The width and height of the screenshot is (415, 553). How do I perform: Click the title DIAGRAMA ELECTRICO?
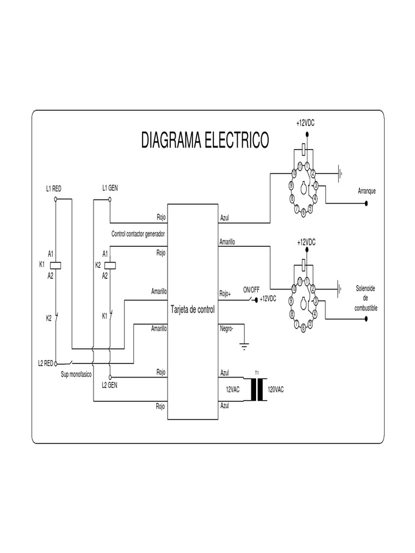tap(205, 140)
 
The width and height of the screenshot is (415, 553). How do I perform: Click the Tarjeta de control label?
tap(192, 311)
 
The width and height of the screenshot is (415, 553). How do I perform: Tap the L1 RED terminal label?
tap(54, 189)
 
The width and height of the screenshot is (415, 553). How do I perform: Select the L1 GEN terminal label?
tap(110, 188)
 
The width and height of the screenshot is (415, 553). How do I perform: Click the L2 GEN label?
tap(110, 385)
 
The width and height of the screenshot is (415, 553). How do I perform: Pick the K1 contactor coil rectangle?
tap(56, 265)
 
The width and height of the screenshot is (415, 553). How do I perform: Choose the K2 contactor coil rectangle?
tap(110, 265)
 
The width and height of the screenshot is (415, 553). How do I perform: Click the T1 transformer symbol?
tap(258, 389)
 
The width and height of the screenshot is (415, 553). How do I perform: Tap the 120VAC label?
tap(276, 389)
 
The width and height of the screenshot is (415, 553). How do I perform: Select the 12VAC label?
tap(232, 389)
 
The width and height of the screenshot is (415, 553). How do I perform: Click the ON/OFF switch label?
tap(251, 290)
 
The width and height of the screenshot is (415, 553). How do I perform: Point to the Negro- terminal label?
tap(227, 328)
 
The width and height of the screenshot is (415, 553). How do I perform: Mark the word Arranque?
tap(366, 191)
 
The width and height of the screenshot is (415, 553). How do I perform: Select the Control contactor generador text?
tap(138, 234)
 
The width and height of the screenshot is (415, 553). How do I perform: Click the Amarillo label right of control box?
tap(227, 242)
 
